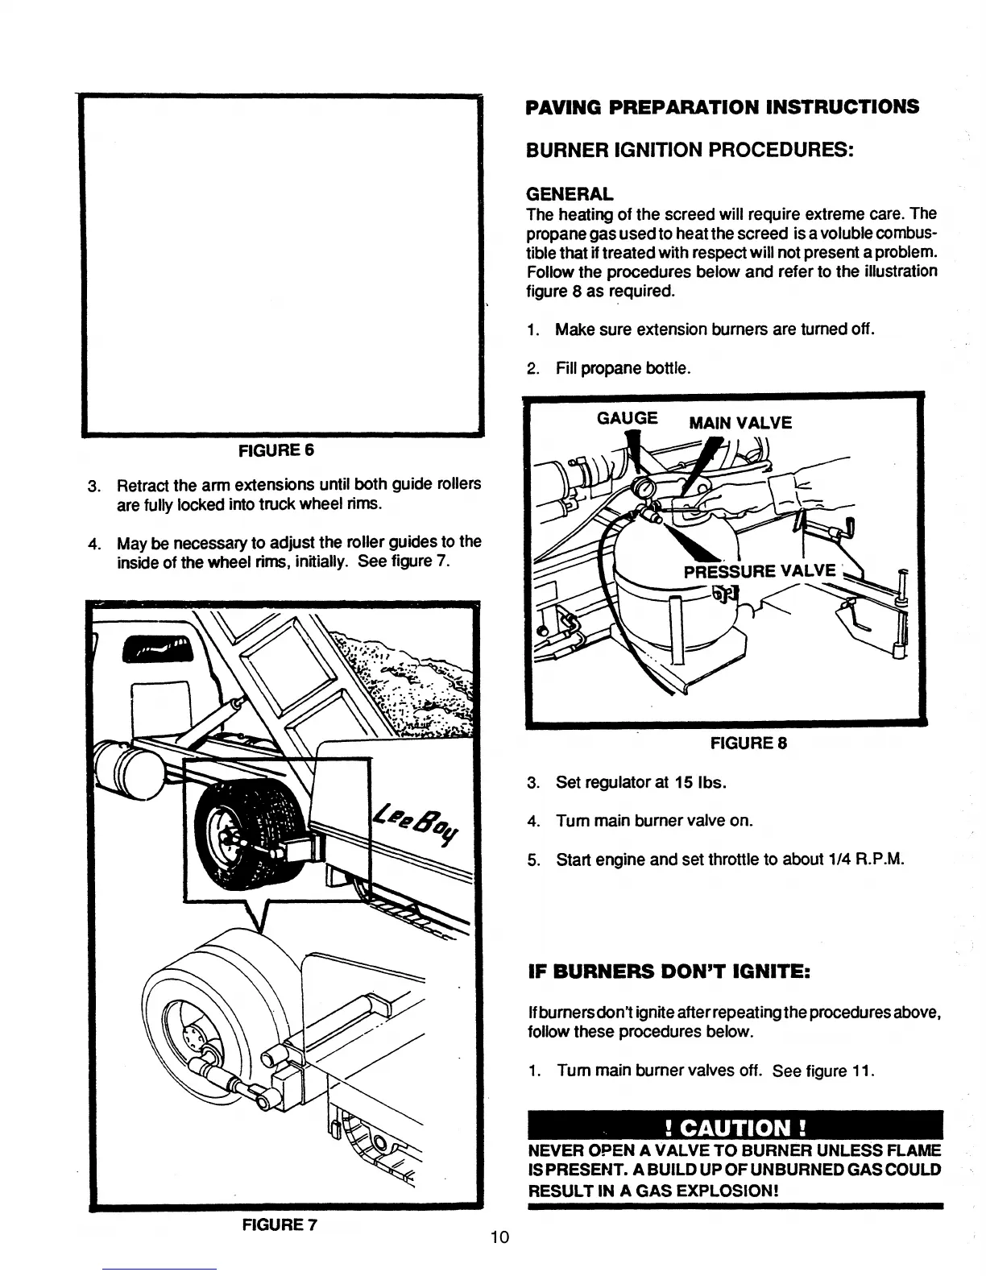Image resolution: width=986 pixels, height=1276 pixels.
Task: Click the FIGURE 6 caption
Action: point(275,449)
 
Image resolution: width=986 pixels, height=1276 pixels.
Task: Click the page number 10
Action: point(499,1237)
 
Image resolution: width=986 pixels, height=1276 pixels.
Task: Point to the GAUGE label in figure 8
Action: point(627,418)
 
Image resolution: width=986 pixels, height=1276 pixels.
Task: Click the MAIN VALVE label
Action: point(740,423)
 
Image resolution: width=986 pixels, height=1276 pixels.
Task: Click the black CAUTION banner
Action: point(734,1125)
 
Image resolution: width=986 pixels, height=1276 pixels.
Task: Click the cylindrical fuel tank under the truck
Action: point(129,762)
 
